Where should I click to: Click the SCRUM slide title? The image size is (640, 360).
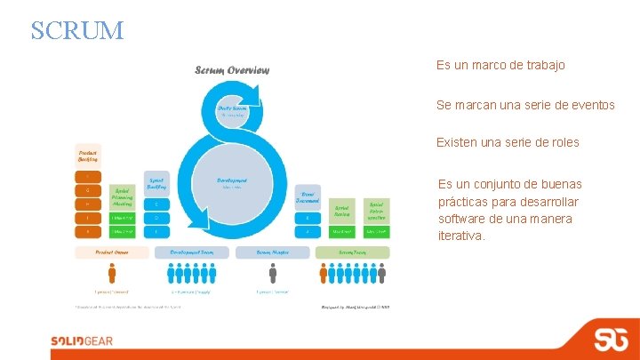[x=77, y=30]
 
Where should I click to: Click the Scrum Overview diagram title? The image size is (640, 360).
[x=232, y=70]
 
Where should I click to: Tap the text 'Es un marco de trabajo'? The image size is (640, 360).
[x=500, y=66]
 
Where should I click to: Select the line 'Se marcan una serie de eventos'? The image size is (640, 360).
[x=525, y=105]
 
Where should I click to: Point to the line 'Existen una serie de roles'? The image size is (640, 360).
[x=508, y=142]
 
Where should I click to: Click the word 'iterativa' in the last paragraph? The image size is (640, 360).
[x=461, y=236]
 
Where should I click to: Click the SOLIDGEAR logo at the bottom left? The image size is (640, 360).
[x=82, y=340]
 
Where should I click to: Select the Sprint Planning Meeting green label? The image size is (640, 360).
[x=122, y=196]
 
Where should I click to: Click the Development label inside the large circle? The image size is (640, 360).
[x=231, y=181]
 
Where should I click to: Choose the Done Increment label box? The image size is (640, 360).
[x=307, y=196]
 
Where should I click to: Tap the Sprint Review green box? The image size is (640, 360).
[x=341, y=210]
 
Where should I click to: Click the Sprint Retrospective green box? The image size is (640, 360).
[x=376, y=210]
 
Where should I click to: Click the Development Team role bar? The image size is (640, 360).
[x=191, y=252]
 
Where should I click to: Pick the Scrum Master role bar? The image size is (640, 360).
[x=273, y=252]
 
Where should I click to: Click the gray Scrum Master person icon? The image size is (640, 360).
[x=273, y=273]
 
